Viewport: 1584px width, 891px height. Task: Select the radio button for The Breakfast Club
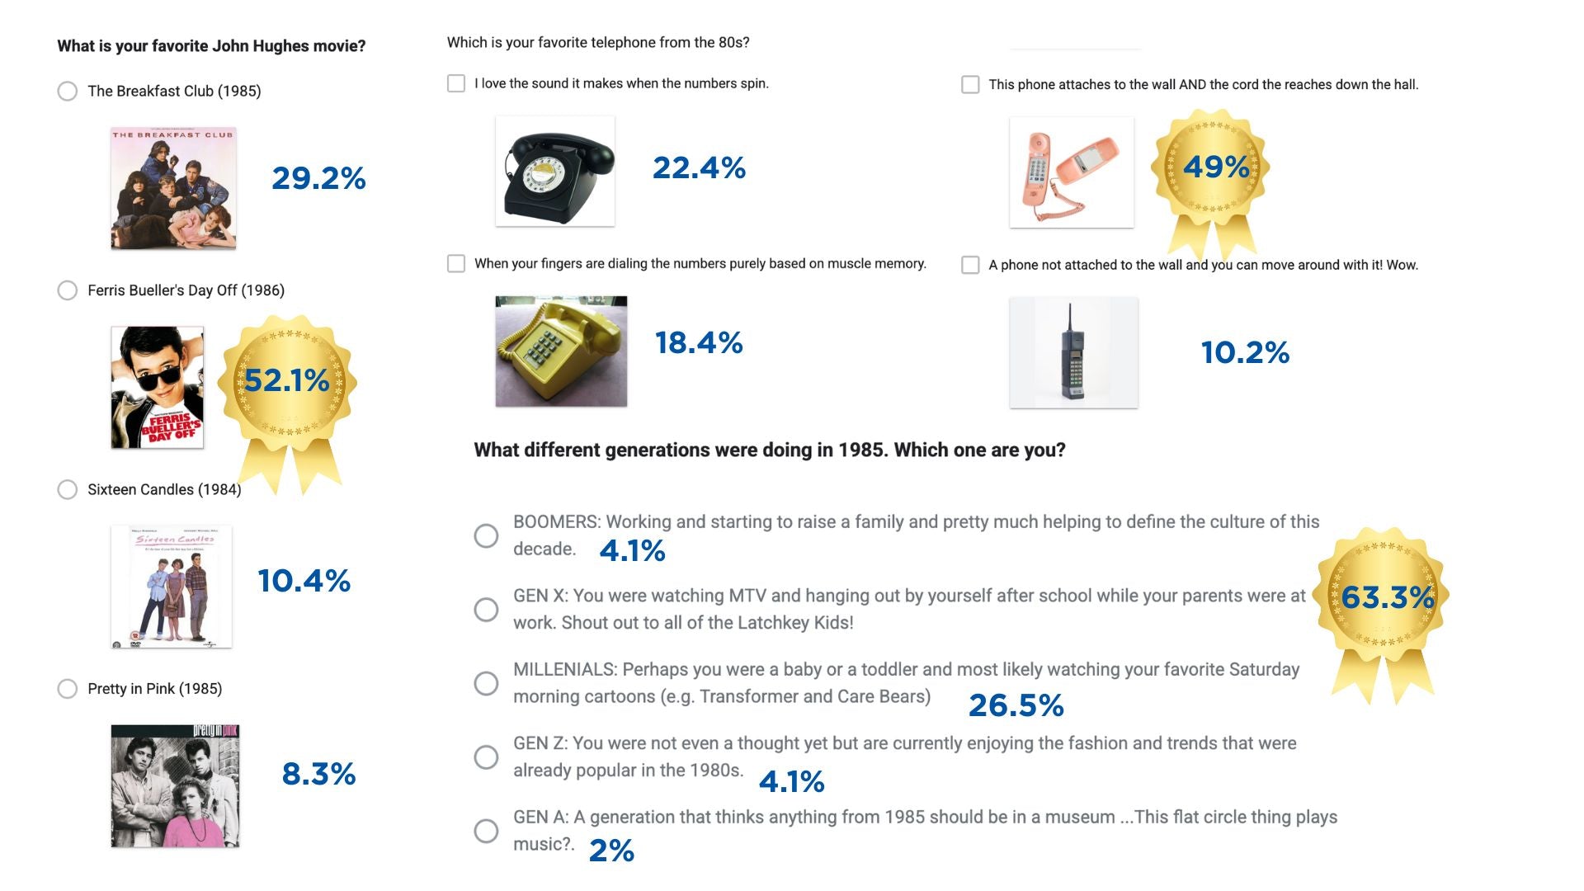tap(68, 91)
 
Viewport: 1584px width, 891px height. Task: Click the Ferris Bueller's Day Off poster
tap(157, 387)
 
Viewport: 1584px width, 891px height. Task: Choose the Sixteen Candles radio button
tap(68, 489)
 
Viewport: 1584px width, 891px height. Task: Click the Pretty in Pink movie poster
tap(175, 785)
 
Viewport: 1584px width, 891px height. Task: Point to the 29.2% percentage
tap(318, 178)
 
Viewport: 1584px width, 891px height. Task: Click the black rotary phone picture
tap(554, 171)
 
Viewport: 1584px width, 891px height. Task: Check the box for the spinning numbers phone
tap(456, 83)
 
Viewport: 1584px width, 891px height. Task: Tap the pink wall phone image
tap(1071, 172)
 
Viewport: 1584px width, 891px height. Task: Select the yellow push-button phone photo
tap(561, 351)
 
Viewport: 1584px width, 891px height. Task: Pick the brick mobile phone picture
tap(1073, 352)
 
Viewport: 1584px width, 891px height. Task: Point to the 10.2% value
tap(1245, 353)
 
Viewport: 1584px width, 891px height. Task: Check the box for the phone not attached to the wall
tap(970, 265)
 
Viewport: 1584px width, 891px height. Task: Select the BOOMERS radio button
tap(486, 535)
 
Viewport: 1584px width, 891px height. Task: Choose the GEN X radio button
tap(486, 610)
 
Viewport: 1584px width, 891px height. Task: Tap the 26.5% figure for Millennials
tap(1016, 705)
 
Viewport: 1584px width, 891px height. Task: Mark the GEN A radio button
tap(486, 831)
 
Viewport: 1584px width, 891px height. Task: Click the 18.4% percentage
tap(699, 343)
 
